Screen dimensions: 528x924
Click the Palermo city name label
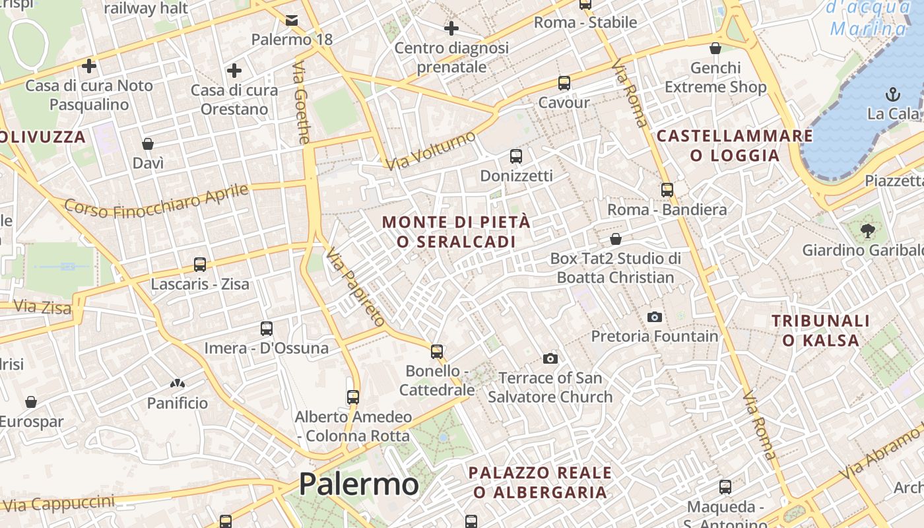pos(358,484)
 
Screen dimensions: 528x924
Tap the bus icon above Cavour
pos(564,83)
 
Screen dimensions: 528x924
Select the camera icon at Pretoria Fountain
pos(654,317)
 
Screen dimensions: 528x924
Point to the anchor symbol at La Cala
pos(893,94)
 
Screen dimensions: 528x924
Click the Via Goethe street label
pos(302,103)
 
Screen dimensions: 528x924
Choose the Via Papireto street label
pos(355,287)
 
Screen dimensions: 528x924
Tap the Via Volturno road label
pos(431,150)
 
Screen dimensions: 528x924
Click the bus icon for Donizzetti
pos(516,156)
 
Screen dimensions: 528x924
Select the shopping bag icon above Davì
pos(148,143)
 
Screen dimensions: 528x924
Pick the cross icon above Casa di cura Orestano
pos(234,70)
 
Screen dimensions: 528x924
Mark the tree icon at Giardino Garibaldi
pos(867,230)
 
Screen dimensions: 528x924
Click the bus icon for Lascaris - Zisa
pos(200,265)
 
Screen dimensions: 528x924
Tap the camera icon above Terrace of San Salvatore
pos(550,358)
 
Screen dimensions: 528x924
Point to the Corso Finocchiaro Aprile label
pos(156,200)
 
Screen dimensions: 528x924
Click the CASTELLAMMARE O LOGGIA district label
pos(735,146)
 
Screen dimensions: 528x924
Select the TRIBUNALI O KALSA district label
pos(821,331)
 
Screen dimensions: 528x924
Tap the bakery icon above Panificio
pos(177,383)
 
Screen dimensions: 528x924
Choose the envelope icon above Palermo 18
pos(292,20)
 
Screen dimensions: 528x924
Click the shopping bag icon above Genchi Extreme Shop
pos(715,48)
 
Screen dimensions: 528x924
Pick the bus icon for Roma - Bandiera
pos(667,190)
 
